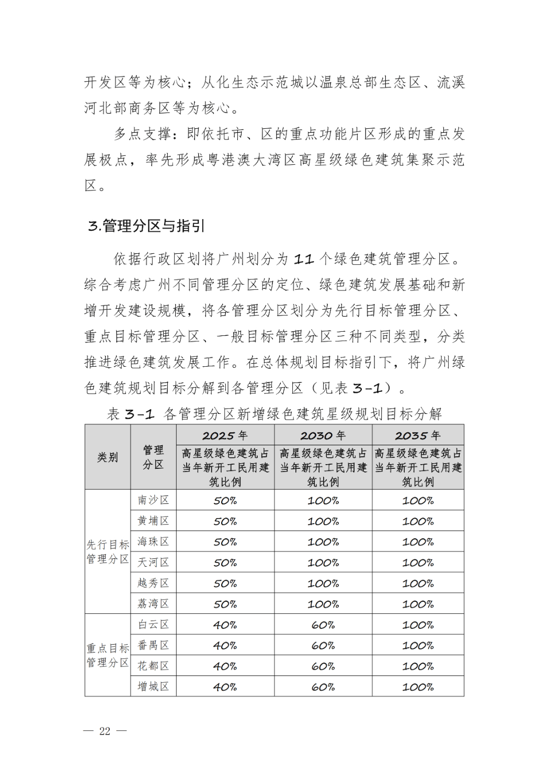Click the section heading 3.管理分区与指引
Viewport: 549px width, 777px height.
[x=146, y=226]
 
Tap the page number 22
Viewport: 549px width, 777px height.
[x=105, y=731]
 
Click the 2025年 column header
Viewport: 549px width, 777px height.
[x=225, y=435]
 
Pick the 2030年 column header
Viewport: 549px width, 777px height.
[x=323, y=435]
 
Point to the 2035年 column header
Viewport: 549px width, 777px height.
[x=418, y=435]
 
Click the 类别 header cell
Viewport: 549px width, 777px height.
[x=108, y=457]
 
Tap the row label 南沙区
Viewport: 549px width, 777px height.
[x=153, y=500]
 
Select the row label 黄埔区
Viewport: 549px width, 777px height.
[x=153, y=521]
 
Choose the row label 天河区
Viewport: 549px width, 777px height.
[x=153, y=562]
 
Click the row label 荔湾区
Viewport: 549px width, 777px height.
[x=153, y=604]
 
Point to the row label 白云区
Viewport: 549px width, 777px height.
[x=153, y=625]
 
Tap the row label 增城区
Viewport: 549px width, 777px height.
[x=153, y=686]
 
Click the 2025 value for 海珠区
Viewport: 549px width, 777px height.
[x=225, y=542]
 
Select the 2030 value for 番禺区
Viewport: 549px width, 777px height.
[x=323, y=646]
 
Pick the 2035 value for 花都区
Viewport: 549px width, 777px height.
[x=418, y=666]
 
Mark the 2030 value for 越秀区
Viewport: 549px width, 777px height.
[x=323, y=583]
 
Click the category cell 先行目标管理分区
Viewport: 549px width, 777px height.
[x=108, y=552]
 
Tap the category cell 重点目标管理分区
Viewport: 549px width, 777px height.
[x=108, y=656]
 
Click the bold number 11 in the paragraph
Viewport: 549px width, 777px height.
[x=303, y=259]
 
